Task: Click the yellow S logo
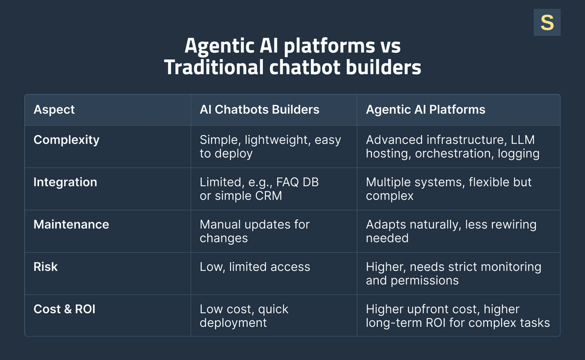tap(547, 22)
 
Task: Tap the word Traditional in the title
tap(213, 67)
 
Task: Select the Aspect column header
tap(54, 109)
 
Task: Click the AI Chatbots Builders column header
tap(259, 109)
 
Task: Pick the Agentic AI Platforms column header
tap(426, 109)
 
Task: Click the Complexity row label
tap(66, 140)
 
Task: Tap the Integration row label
tap(65, 182)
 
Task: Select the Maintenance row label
tap(71, 224)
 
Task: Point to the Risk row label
tap(45, 267)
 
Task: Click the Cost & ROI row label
tap(64, 309)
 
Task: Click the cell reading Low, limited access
tap(255, 267)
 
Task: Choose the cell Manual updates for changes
tap(254, 231)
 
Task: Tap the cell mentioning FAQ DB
tap(259, 189)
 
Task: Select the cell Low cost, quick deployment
tap(244, 316)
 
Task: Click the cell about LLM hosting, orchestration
tap(452, 146)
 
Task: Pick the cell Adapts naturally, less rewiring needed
tap(451, 231)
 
